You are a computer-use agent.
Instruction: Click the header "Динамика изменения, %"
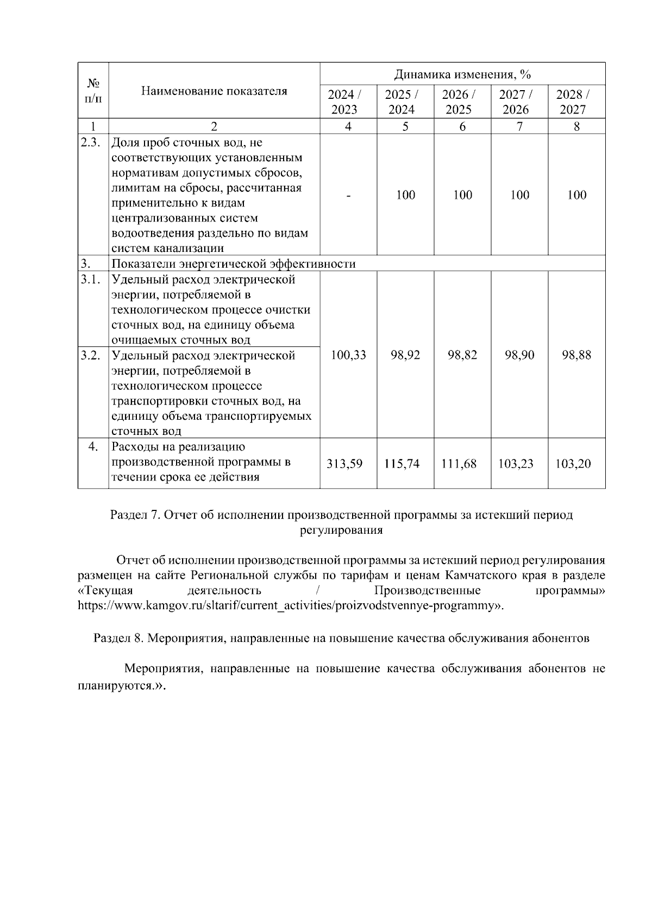[462, 74]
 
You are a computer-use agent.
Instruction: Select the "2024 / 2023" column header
[348, 102]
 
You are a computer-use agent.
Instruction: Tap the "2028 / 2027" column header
[576, 102]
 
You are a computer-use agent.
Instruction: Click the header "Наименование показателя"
[214, 91]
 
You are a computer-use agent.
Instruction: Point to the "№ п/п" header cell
[93, 91]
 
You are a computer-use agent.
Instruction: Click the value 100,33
[348, 355]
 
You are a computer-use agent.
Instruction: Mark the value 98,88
[576, 355]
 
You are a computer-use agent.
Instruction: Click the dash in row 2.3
[348, 195]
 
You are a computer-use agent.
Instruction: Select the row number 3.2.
[91, 356]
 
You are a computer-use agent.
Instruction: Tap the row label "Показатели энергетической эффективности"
[234, 264]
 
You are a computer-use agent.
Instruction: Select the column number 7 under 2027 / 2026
[519, 127]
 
